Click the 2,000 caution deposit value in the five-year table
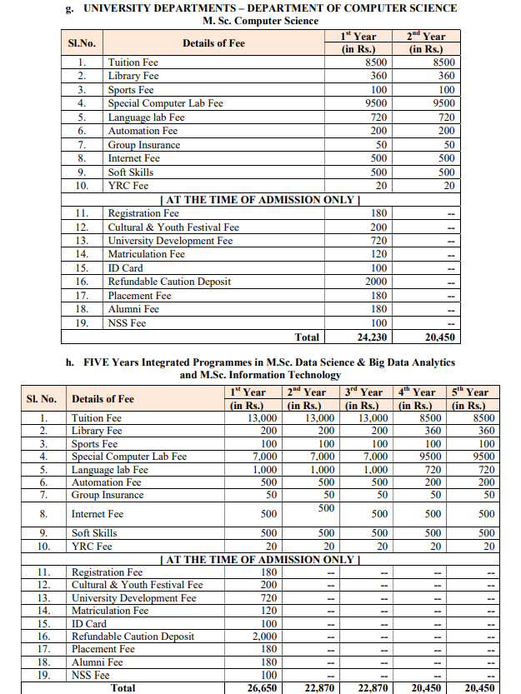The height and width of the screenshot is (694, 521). point(263,636)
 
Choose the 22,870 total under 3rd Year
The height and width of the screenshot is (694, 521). point(369,687)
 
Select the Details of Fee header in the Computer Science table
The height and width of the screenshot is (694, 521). point(213,42)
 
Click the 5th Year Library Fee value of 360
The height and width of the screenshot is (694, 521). point(483,431)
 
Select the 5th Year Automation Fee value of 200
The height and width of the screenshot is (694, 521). point(483,482)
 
